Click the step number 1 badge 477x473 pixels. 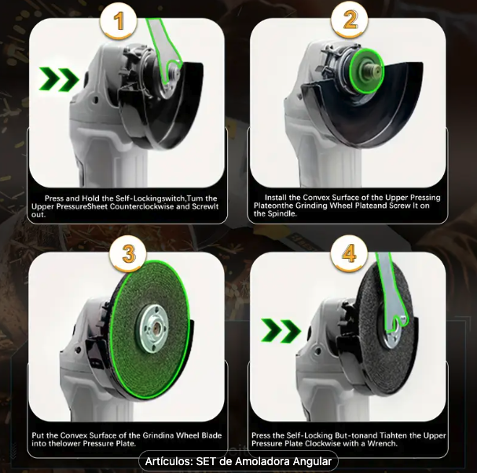click(x=119, y=20)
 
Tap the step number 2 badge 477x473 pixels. click(x=350, y=20)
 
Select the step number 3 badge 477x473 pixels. click(x=128, y=253)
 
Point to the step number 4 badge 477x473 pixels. click(x=349, y=253)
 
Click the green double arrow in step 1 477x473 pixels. click(x=59, y=79)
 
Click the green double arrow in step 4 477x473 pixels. click(x=281, y=331)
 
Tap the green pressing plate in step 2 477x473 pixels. click(x=366, y=70)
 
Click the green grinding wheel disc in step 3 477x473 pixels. click(x=149, y=329)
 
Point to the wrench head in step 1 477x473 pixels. click(x=172, y=70)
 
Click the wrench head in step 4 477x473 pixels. click(x=395, y=326)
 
